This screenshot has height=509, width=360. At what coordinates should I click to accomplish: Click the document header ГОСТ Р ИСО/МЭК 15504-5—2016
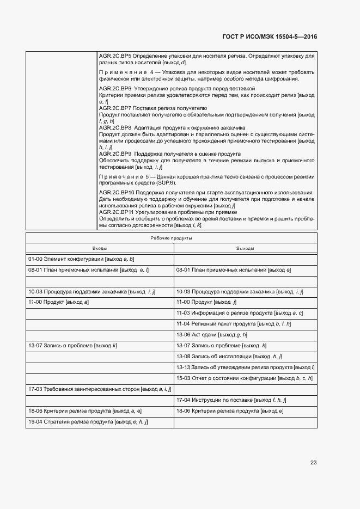pyautogui.click(x=270, y=37)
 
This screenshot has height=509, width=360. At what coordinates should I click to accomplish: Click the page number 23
pyautogui.click(x=313, y=462)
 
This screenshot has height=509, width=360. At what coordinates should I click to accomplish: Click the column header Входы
pyautogui.click(x=100, y=248)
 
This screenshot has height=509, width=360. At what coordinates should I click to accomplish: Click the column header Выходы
pyautogui.click(x=245, y=248)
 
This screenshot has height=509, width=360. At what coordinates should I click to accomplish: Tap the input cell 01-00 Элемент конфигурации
pyautogui.click(x=81, y=259)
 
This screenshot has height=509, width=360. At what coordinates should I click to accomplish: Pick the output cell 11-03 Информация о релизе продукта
pyautogui.click(x=239, y=313)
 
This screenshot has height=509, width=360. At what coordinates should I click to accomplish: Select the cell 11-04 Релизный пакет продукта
pyautogui.click(x=234, y=324)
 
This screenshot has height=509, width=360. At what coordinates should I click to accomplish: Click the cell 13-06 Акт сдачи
pyautogui.click(x=212, y=335)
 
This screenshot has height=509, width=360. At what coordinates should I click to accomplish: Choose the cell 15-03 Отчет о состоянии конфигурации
pyautogui.click(x=243, y=378)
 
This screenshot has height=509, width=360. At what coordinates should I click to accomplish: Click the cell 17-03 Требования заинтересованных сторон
pyautogui.click(x=100, y=389)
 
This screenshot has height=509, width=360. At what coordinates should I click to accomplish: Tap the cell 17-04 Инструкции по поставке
pyautogui.click(x=231, y=400)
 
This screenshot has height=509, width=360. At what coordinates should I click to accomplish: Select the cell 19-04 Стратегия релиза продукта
pyautogui.click(x=88, y=422)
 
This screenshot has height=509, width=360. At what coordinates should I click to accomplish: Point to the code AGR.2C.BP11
pyautogui.click(x=116, y=212)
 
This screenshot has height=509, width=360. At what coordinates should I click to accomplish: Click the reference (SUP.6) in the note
pyautogui.click(x=174, y=183)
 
